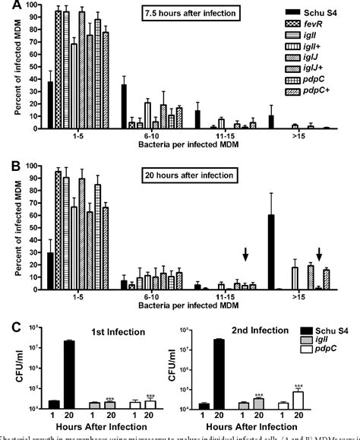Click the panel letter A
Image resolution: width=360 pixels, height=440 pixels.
pyautogui.click(x=7, y=7)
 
